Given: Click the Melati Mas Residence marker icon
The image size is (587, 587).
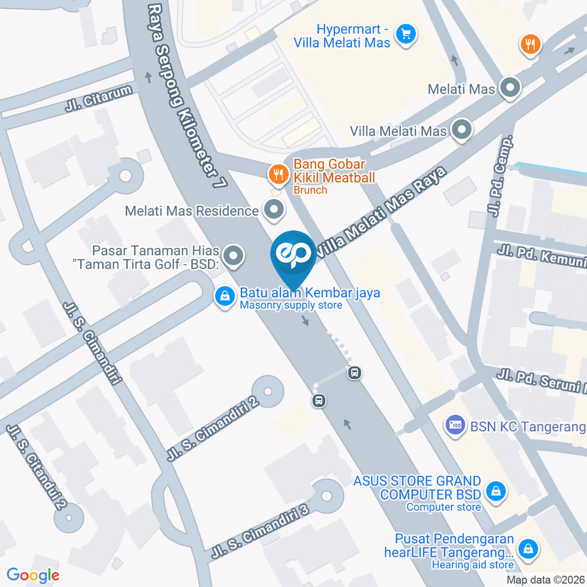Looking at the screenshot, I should (x=273, y=211).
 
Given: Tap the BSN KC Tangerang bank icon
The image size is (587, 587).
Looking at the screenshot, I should (x=454, y=426).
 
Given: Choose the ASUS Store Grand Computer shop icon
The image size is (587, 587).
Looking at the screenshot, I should (x=495, y=490).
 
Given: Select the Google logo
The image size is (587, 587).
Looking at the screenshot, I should (x=33, y=575).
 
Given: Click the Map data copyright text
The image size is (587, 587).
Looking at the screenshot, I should (x=545, y=580).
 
